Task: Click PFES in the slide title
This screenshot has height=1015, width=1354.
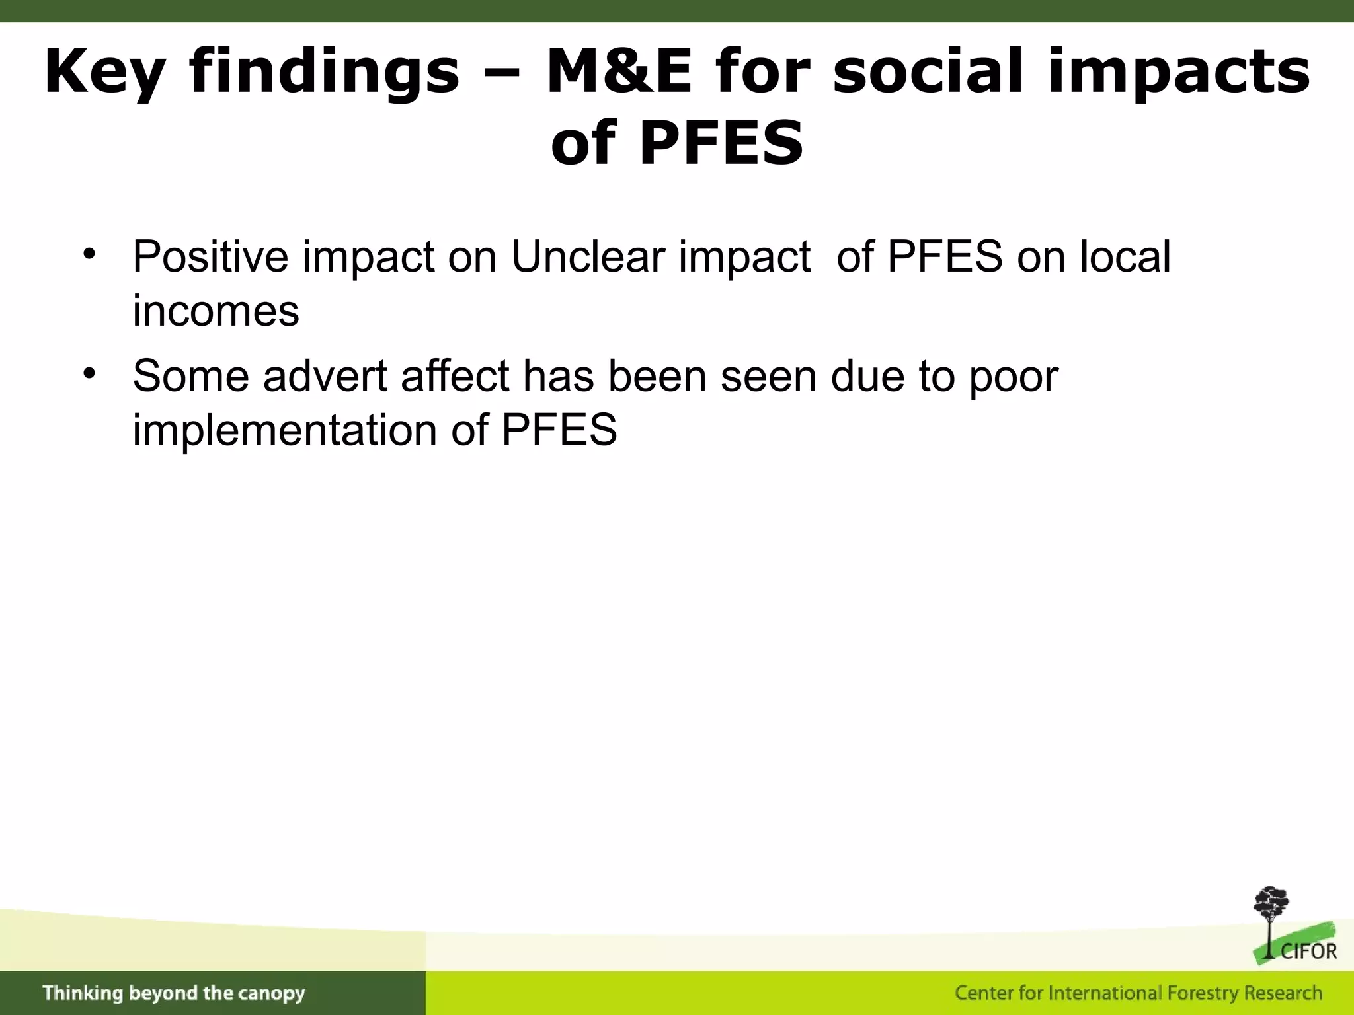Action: [x=721, y=143]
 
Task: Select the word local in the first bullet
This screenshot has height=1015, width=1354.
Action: [x=1125, y=256]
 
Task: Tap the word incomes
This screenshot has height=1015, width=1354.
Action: [x=216, y=311]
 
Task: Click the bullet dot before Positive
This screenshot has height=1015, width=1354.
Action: [x=90, y=254]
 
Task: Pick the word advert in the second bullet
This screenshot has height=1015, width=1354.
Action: [x=325, y=376]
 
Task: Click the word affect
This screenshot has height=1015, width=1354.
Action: [x=455, y=376]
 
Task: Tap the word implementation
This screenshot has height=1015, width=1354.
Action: [x=285, y=430]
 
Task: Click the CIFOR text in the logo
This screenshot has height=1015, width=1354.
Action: [x=1308, y=952]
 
